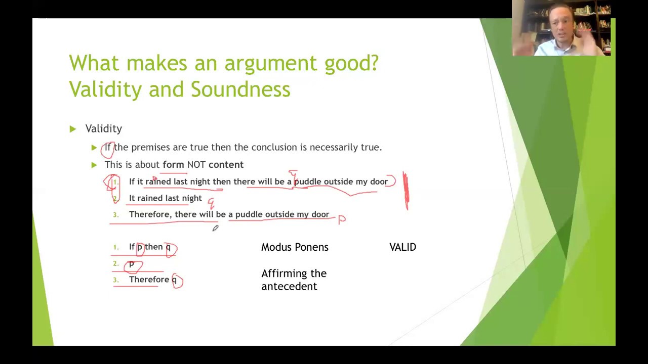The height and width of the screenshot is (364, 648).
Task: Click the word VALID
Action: point(402,247)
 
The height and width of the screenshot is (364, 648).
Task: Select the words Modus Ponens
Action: point(295,247)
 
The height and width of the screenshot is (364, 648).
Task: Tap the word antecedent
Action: point(289,287)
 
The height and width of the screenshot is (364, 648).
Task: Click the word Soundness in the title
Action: point(240,89)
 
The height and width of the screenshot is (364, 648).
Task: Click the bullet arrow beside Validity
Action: point(73,129)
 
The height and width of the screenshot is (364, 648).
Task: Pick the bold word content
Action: point(226,165)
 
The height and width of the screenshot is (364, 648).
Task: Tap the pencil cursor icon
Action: point(215,229)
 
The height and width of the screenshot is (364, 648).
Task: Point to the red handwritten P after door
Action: point(342,219)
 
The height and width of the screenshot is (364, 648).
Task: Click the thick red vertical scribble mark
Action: point(406,191)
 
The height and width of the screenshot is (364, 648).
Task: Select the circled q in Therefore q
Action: point(175,280)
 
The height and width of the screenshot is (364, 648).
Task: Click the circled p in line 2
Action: point(132,264)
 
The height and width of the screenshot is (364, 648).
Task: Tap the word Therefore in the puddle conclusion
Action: point(150,215)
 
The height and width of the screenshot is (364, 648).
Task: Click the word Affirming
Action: point(294,274)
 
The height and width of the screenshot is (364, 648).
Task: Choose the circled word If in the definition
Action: point(108,148)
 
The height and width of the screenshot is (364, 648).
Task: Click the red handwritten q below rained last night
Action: point(211,203)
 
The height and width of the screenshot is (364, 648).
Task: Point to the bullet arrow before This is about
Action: point(94,165)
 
